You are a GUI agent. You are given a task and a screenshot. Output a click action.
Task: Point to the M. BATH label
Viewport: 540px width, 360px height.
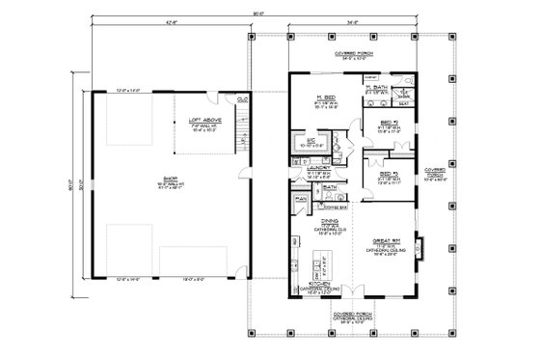(376, 87)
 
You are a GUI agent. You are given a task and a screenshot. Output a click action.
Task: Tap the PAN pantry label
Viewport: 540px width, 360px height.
(302, 199)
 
